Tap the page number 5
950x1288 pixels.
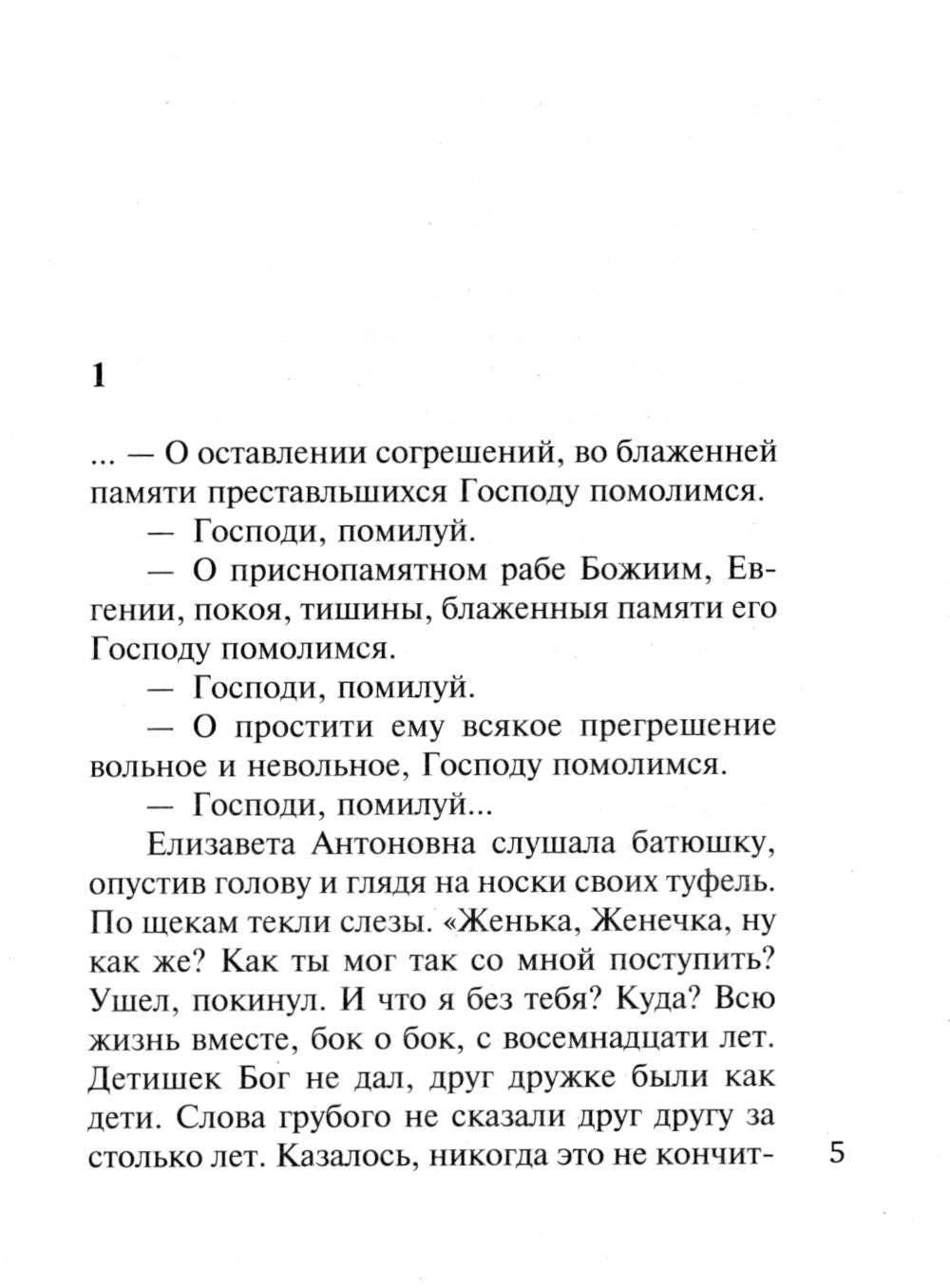[x=836, y=1153]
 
